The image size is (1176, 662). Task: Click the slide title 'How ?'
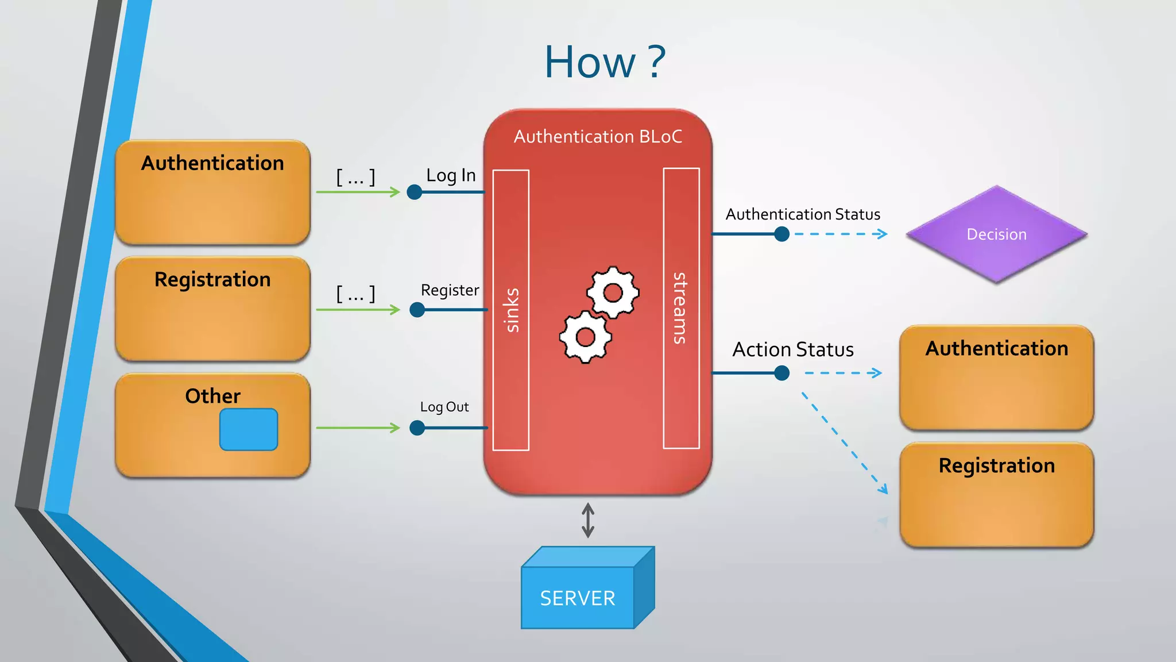(605, 62)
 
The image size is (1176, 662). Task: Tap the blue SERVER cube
(578, 597)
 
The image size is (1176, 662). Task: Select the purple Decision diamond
(996, 234)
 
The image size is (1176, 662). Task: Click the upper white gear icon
(613, 292)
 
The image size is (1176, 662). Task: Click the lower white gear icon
(585, 337)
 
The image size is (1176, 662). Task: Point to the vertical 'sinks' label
(511, 310)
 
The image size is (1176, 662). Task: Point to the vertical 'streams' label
(681, 309)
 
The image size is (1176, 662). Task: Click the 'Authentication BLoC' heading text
(598, 137)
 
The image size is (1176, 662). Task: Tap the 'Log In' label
(451, 175)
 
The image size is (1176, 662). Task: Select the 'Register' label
(450, 290)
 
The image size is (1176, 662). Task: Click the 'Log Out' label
(444, 407)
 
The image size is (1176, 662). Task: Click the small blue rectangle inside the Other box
(249, 429)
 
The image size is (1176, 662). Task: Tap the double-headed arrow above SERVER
(587, 520)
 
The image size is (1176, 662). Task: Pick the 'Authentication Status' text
(802, 214)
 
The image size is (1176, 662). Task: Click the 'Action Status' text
(792, 349)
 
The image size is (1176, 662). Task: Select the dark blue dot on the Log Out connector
(417, 428)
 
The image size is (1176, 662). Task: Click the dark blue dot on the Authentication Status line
(782, 234)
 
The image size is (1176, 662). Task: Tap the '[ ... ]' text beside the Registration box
(355, 294)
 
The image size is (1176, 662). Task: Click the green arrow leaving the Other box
(357, 428)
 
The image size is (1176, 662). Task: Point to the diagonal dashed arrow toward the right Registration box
(844, 442)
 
